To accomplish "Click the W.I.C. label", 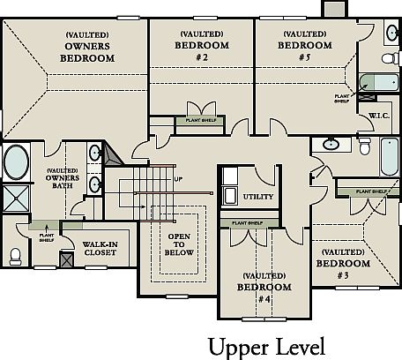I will tap(368, 115).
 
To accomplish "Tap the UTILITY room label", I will tap(258, 197).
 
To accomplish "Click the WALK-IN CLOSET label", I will tap(100, 250).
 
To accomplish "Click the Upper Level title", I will tap(264, 343).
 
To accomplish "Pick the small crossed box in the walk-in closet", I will tap(64, 261).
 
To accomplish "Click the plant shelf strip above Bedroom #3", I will tap(366, 191).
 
